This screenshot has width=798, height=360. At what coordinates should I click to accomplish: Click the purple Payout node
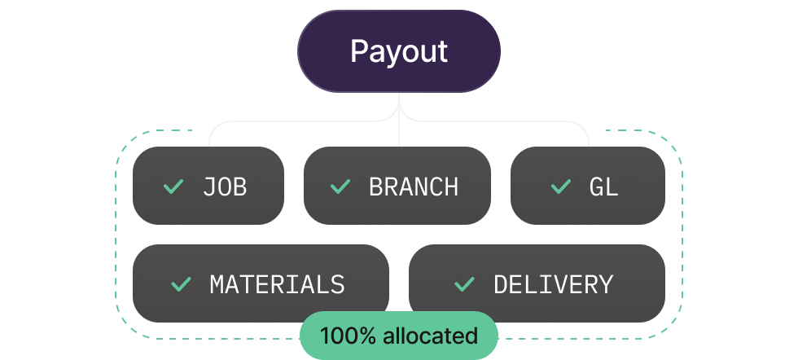pos(398,51)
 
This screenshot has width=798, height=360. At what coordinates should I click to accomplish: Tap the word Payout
pos(398,51)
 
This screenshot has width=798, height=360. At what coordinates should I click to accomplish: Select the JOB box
pos(208,186)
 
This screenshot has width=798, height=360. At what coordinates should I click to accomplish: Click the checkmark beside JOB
pos(173,187)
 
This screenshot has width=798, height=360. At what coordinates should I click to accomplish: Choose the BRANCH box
pos(397,186)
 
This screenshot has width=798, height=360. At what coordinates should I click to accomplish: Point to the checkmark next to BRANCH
pos(340,187)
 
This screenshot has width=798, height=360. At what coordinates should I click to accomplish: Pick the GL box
pos(587,186)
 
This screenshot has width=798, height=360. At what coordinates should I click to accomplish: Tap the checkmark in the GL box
pos(561,187)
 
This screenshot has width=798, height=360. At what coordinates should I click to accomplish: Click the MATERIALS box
pos(261,283)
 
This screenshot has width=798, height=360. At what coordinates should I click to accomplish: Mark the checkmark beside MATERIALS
pos(181,284)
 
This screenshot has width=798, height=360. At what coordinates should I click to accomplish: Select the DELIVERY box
pos(537,283)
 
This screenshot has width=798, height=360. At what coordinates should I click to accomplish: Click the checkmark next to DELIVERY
pos(464,284)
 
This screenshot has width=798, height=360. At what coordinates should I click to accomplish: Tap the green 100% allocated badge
pos(398,335)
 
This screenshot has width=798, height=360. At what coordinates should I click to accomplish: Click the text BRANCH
pos(414,187)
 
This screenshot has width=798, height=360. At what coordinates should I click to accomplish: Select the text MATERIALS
pos(277,284)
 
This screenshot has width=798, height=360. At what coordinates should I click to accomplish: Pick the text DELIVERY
pos(553,284)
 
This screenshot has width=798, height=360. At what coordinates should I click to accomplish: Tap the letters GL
pos(603,187)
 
